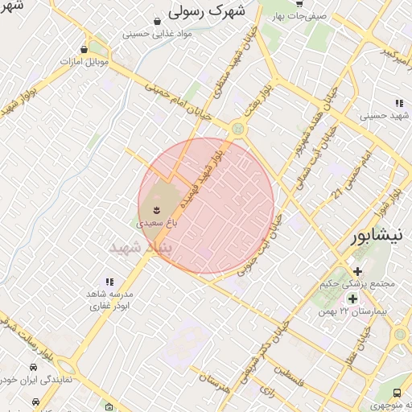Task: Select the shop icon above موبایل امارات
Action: [84, 49]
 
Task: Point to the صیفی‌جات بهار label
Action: [299, 15]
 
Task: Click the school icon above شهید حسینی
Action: [399, 102]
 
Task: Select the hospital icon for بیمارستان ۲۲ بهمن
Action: [353, 299]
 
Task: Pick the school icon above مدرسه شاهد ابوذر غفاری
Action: [109, 282]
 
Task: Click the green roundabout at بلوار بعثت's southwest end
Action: [237, 129]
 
